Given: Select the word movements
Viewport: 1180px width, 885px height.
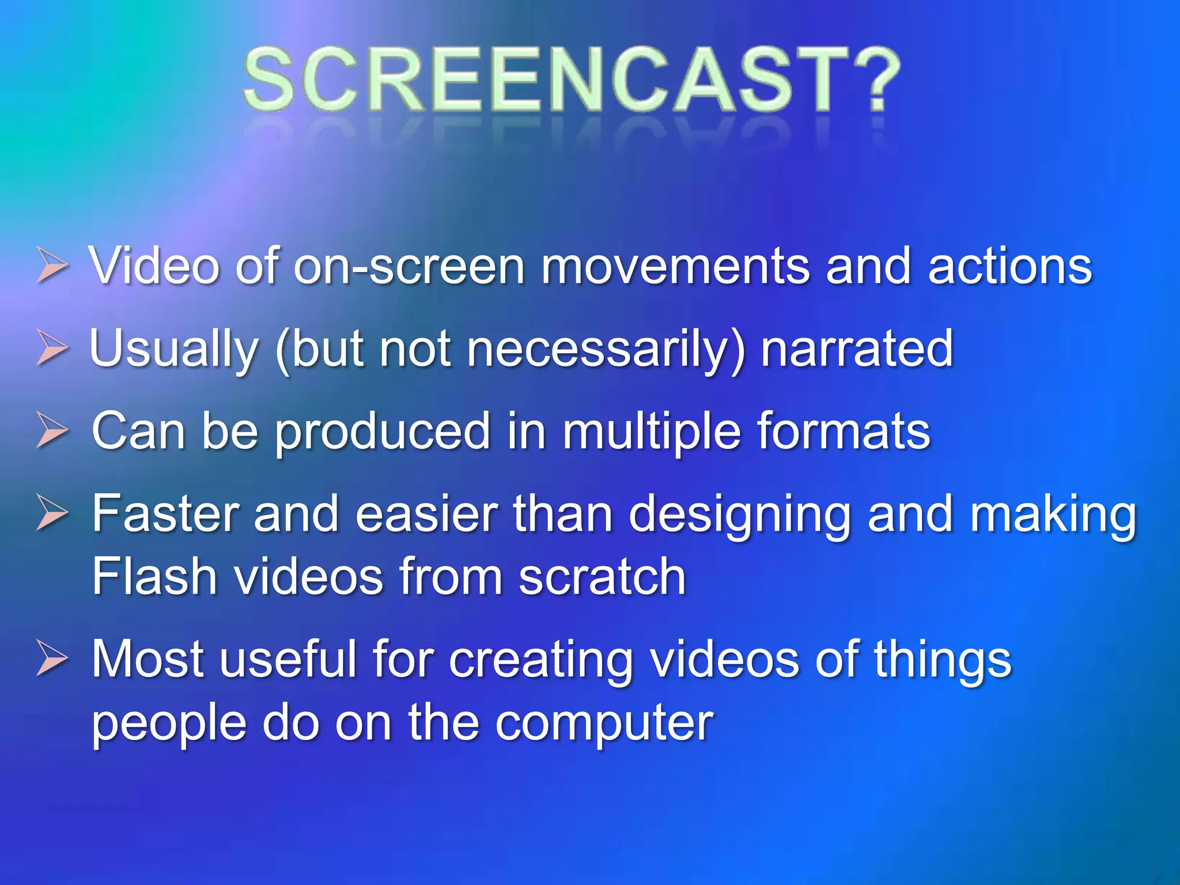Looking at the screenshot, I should click(x=674, y=266).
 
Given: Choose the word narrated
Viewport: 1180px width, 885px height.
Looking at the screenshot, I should click(x=857, y=349).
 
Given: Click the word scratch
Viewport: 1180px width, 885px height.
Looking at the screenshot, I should click(x=602, y=576).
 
